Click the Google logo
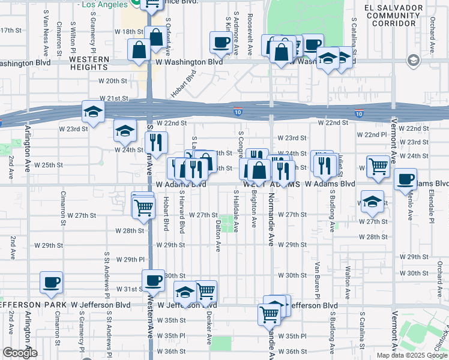tap(20, 352)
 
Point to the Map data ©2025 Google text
tap(411, 355)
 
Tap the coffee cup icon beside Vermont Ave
tap(406, 179)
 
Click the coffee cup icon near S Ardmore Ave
tap(220, 42)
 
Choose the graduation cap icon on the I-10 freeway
tap(93, 112)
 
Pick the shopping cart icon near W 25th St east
tap(378, 166)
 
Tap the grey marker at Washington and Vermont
tap(413, 60)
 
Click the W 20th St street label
tap(113, 80)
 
